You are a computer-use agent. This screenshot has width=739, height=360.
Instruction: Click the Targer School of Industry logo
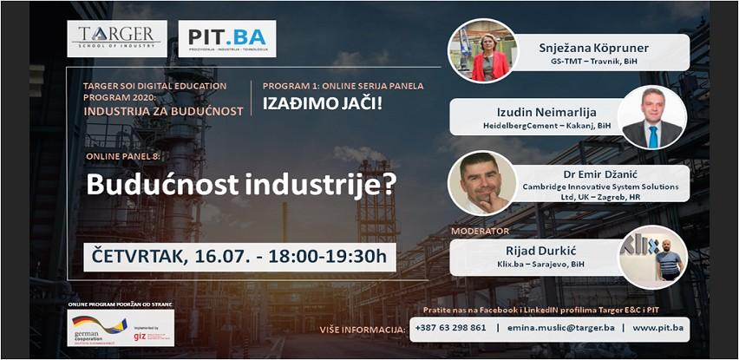[116, 38]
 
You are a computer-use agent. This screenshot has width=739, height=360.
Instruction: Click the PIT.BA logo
[226, 39]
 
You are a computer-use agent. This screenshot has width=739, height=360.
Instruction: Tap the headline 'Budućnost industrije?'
[239, 185]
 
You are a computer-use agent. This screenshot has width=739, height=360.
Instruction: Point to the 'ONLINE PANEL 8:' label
[124, 157]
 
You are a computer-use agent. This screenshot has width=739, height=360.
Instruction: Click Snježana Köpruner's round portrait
[483, 49]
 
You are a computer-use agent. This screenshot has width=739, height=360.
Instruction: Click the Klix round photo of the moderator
[653, 257]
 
